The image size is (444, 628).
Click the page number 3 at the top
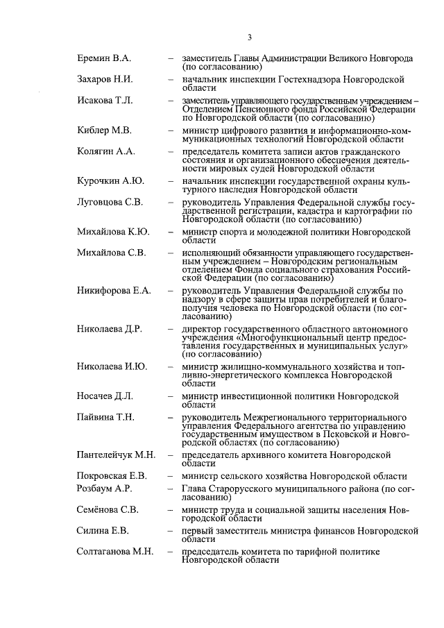tap(248, 37)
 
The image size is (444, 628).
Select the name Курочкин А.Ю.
tap(110, 180)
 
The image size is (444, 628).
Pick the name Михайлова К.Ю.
tap(113, 231)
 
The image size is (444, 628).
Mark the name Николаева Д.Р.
tap(110, 328)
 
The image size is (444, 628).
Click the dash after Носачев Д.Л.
tap(171, 396)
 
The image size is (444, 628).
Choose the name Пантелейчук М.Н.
tap(116, 455)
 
